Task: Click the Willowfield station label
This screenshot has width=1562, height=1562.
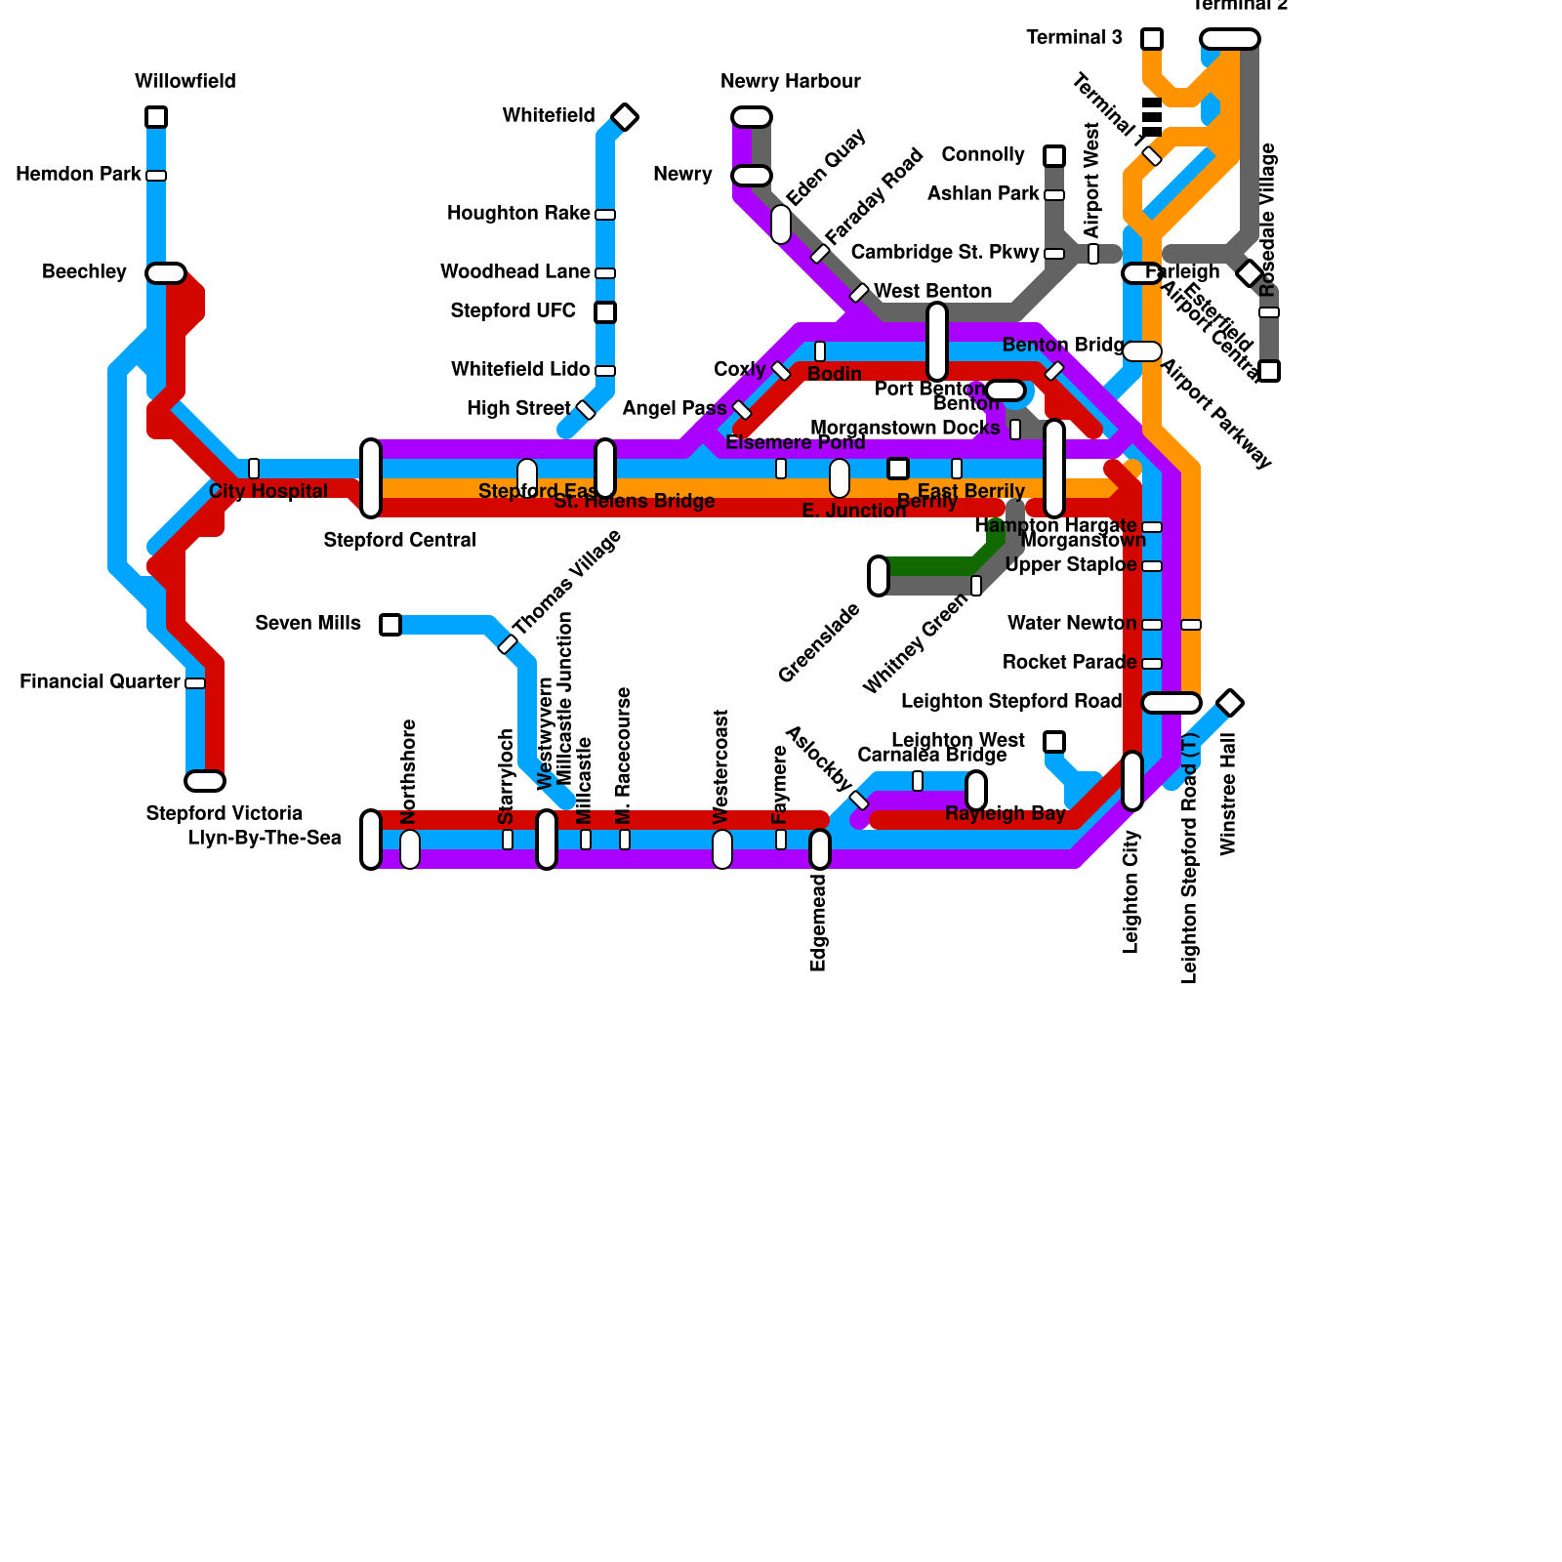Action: (x=185, y=82)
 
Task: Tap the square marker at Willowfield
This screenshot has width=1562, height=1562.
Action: (x=156, y=117)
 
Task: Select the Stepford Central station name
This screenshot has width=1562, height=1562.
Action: (x=399, y=541)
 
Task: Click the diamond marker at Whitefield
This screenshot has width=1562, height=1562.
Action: (x=625, y=117)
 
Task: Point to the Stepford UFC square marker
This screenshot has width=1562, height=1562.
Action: (x=605, y=312)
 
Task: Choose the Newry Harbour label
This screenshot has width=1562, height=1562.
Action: (x=790, y=82)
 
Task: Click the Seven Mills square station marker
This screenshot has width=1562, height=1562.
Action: (x=390, y=625)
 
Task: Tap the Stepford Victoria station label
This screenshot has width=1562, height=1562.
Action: (x=224, y=814)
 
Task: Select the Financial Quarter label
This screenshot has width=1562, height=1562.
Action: (x=100, y=682)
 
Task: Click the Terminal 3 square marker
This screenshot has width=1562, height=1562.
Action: (x=1152, y=39)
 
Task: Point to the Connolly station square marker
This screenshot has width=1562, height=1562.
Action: (x=1054, y=156)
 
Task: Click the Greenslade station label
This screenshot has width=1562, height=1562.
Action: (x=819, y=643)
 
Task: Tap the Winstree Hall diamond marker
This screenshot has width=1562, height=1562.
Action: (x=1230, y=703)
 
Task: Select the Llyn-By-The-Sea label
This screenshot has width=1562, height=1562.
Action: (x=265, y=839)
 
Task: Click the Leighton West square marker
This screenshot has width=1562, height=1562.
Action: (x=1054, y=742)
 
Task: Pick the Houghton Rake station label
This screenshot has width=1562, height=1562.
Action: (x=518, y=214)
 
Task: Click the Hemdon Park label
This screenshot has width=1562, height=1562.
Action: (x=78, y=175)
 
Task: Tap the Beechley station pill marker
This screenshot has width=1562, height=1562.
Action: (x=166, y=273)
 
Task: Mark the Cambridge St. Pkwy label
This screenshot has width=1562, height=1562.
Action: (x=944, y=253)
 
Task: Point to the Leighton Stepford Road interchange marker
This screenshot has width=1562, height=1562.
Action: (x=1171, y=703)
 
